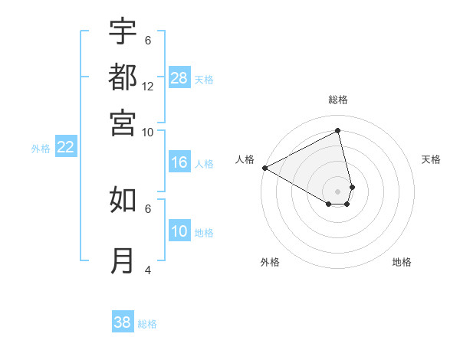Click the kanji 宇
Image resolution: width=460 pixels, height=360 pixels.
(x=123, y=31)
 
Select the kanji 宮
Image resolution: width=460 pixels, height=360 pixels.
(x=123, y=122)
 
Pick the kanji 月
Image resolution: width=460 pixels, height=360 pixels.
(x=123, y=261)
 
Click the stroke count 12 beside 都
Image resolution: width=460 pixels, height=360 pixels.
(x=148, y=86)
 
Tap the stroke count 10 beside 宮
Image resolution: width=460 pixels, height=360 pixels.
(x=148, y=132)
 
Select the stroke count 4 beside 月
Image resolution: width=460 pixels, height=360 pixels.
(x=148, y=270)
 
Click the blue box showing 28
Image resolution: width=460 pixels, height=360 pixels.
(x=179, y=78)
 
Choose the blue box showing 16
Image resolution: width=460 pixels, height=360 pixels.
(x=179, y=162)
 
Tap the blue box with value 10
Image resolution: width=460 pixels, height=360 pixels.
(x=179, y=231)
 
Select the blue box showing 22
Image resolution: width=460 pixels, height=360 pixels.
(x=65, y=148)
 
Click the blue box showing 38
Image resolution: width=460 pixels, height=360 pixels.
(x=123, y=322)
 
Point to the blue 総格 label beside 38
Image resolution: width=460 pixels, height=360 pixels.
(x=147, y=324)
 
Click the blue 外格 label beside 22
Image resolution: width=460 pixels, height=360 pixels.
(x=40, y=149)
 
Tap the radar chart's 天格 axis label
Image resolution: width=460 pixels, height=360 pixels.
(x=431, y=159)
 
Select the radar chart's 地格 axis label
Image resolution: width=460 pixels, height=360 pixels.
(x=402, y=262)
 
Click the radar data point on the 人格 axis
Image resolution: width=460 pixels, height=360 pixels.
(x=264, y=167)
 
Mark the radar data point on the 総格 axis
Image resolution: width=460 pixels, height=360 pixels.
(x=338, y=129)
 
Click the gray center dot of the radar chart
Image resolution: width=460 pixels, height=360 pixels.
(x=338, y=191)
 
